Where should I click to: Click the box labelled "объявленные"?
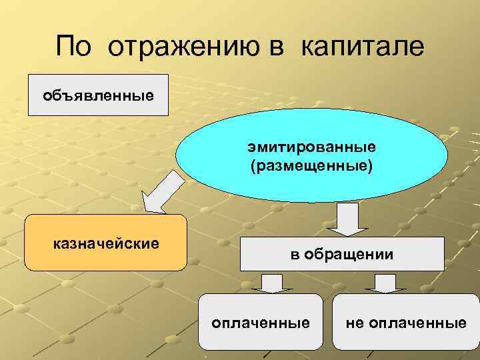(98, 95)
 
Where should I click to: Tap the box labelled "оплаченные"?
(260, 322)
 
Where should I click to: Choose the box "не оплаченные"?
(405, 322)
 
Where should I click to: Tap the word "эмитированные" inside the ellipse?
(313, 146)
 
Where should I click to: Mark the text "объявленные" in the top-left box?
(98, 95)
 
